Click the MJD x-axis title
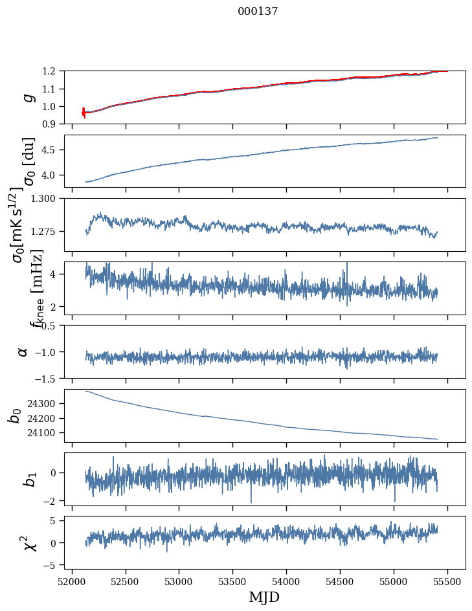click(264, 597)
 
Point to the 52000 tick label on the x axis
click(72, 581)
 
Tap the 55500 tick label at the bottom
click(447, 581)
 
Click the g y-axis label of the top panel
click(27, 97)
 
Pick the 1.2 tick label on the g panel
click(53, 71)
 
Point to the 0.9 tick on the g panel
click(53, 124)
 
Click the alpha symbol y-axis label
click(23, 351)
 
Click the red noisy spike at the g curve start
click(84, 112)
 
